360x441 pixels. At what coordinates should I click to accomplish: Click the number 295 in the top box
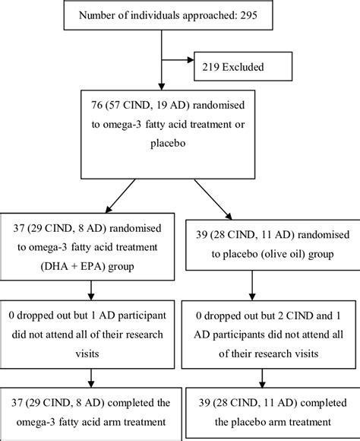[x=248, y=15]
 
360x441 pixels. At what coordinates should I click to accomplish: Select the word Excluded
[x=243, y=67]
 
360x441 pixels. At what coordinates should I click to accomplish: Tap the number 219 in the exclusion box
[x=211, y=67]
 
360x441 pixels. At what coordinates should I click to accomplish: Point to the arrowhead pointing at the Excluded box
[x=191, y=59]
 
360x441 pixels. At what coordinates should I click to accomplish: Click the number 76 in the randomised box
[x=96, y=105]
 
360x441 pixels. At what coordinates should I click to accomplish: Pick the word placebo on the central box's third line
[x=168, y=143]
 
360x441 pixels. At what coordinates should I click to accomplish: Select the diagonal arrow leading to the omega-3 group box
[x=120, y=195]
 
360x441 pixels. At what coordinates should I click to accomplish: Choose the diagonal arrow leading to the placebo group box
[x=213, y=199]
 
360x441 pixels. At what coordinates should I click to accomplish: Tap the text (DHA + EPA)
[x=73, y=266]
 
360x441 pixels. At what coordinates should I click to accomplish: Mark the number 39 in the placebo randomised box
[x=201, y=234]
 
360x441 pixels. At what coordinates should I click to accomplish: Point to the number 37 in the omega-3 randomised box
[x=19, y=228]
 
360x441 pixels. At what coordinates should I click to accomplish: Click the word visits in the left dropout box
[x=87, y=354]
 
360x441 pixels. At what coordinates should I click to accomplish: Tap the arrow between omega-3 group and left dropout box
[x=91, y=290]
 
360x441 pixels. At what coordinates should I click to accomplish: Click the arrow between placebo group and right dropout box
[x=252, y=285]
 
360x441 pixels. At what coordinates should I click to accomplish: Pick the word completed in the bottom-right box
[x=324, y=403]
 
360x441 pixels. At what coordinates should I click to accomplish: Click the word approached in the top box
[x=210, y=15]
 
